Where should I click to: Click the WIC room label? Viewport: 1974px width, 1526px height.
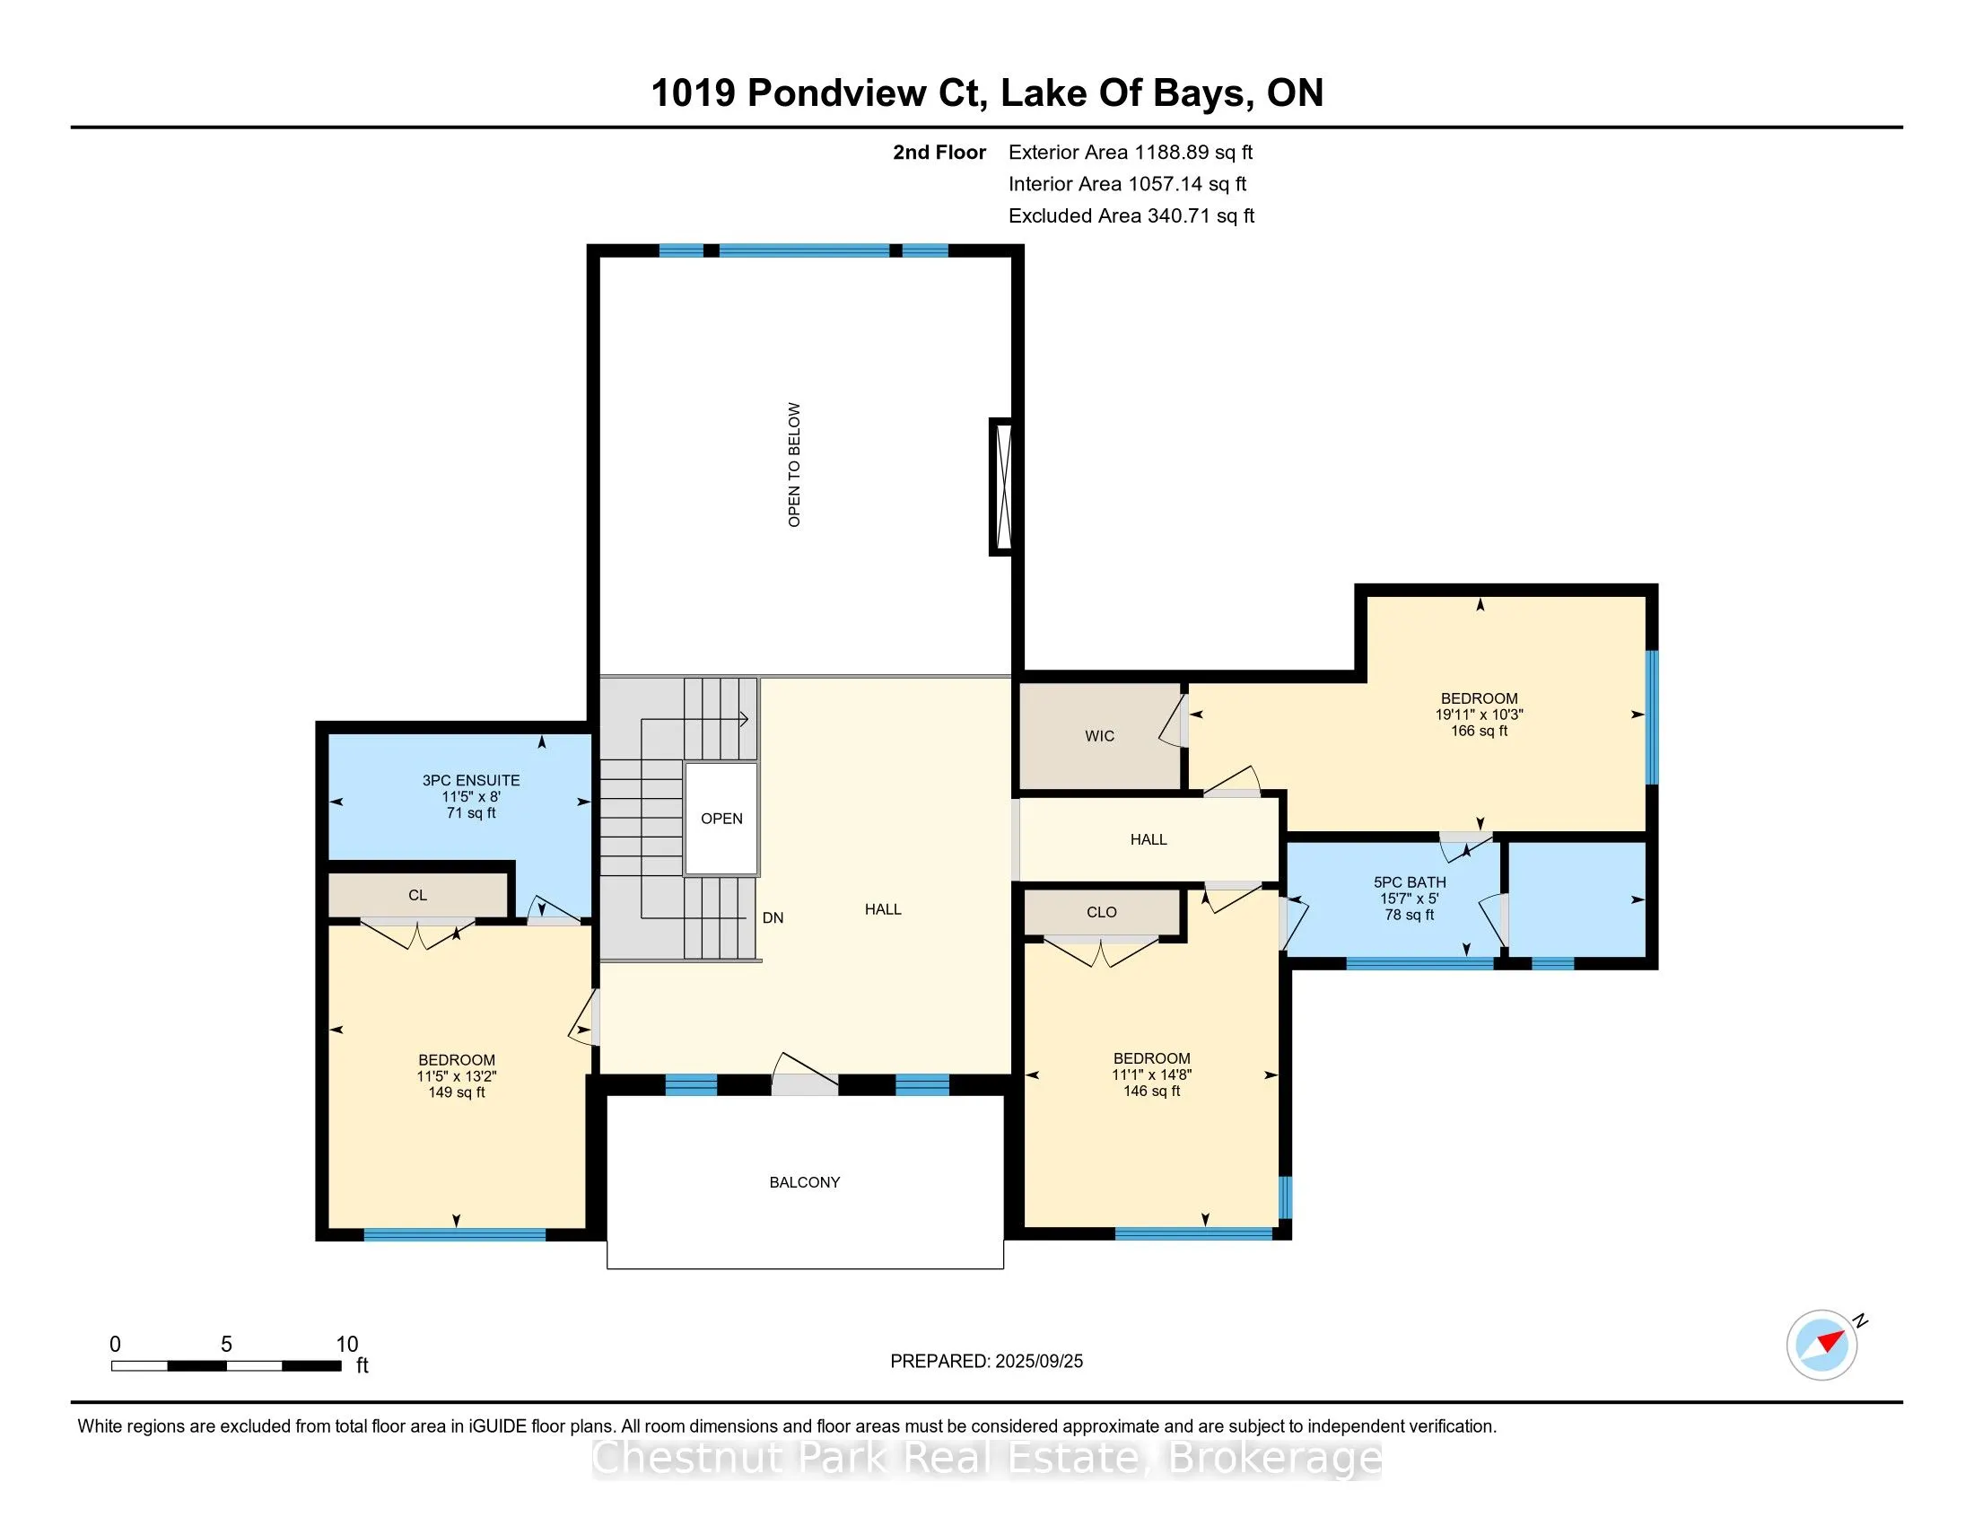[1099, 736]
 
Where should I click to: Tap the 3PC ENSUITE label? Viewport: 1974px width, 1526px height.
[471, 780]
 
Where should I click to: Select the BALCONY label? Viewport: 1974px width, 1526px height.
[805, 1182]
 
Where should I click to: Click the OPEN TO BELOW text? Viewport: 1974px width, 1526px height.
[794, 465]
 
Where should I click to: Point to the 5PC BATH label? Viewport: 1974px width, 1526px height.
[1410, 882]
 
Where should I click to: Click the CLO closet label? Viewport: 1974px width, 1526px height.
[1102, 912]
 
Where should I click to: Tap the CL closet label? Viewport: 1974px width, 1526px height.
[417, 895]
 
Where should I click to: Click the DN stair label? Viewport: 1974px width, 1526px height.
[773, 917]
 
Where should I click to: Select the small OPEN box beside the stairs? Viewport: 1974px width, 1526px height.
[721, 819]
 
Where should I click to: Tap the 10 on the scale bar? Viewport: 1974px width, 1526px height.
[347, 1345]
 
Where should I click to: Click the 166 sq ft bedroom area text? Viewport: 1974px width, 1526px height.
[1480, 731]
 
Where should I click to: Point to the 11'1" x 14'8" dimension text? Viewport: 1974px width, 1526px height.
[1151, 1074]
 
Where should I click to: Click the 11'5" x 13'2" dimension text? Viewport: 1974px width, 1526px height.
[457, 1076]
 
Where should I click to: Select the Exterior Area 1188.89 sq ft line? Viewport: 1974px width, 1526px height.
[1131, 153]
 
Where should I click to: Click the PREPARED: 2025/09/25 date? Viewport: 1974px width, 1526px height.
[986, 1362]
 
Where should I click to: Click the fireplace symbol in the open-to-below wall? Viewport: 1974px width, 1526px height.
[1000, 487]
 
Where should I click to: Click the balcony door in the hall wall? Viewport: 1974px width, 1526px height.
[805, 1085]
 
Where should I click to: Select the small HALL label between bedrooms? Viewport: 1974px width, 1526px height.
[1149, 840]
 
